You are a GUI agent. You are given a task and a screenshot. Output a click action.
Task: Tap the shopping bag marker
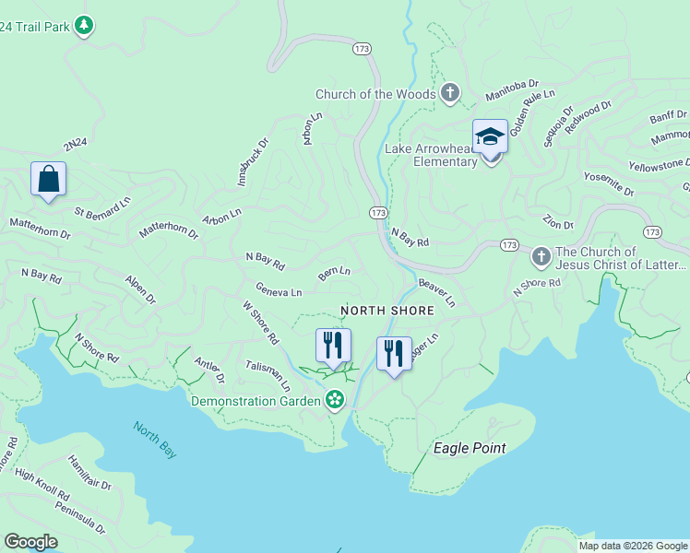pos(48,179)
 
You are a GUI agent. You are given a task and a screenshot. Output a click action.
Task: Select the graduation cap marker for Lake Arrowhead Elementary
pos(490,137)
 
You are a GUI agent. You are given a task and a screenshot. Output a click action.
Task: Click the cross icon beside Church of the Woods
pos(449,93)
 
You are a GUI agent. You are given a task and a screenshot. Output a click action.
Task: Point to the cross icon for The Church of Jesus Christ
pos(541,255)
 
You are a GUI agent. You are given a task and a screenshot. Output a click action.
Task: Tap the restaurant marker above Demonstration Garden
pos(333,346)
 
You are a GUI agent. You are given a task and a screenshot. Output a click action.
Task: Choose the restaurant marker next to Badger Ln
pos(394,354)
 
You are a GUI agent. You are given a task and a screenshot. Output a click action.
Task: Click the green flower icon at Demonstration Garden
pos(335,400)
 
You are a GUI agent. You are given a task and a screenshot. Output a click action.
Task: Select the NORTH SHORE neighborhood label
pos(387,312)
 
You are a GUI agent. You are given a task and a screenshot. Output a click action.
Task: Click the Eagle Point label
pos(470,448)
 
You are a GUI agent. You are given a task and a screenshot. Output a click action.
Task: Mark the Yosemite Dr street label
pos(610,184)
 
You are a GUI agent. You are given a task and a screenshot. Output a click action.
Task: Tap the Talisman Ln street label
pos(268,375)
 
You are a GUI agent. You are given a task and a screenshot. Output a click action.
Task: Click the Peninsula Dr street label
pos(79,517)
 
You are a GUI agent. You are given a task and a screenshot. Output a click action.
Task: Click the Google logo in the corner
pos(30,542)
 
